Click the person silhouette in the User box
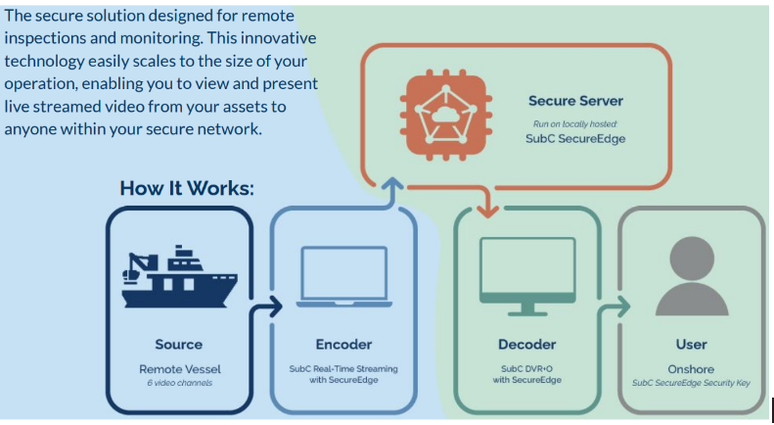pyautogui.click(x=692, y=275)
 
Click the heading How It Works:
pyautogui.click(x=187, y=188)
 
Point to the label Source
pyautogui.click(x=179, y=344)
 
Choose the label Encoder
pyautogui.click(x=343, y=344)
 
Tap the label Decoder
pyautogui.click(x=527, y=344)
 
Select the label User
pyautogui.click(x=691, y=344)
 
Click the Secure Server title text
pyautogui.click(x=575, y=101)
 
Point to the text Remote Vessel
pyautogui.click(x=179, y=368)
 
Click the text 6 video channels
pyautogui.click(x=179, y=382)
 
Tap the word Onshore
pyautogui.click(x=691, y=368)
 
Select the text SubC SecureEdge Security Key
pyautogui.click(x=691, y=382)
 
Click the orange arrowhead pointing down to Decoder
pyautogui.click(x=485, y=210)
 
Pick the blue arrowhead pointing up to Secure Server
pyautogui.click(x=392, y=182)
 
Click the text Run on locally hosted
pyautogui.click(x=575, y=124)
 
